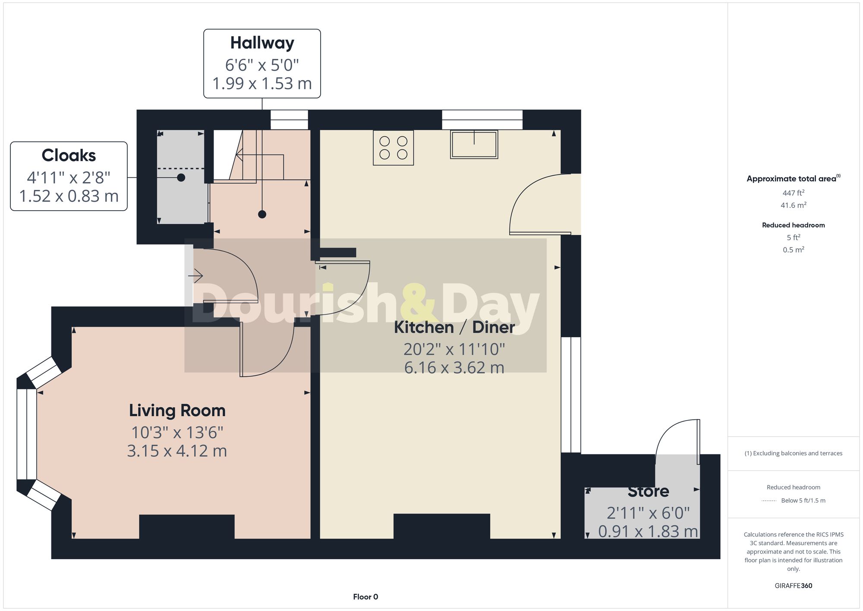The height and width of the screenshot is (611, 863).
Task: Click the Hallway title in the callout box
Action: [262, 43]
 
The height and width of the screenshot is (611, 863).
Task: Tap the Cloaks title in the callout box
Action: [69, 155]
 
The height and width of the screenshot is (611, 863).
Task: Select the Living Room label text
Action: [177, 410]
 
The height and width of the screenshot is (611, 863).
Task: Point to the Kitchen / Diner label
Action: [454, 327]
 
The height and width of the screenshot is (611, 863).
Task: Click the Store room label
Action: [648, 491]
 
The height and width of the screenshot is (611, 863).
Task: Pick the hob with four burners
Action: [393, 148]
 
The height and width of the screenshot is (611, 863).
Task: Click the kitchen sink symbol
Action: [474, 144]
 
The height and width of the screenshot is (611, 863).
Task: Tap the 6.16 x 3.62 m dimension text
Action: [454, 367]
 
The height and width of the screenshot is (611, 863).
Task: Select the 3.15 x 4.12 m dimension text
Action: [177, 451]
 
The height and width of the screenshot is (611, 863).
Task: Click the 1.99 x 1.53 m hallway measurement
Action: [262, 83]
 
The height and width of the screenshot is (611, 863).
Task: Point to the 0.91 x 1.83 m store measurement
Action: [648, 532]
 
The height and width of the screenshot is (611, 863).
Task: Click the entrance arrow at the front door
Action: [195, 275]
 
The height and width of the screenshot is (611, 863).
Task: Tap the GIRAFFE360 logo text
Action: [793, 586]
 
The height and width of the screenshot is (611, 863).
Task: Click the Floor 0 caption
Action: [365, 597]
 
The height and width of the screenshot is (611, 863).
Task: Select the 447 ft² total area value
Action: [793, 193]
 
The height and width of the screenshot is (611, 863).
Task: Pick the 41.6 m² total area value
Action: [793, 205]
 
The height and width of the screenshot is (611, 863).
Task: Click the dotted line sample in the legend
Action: [769, 500]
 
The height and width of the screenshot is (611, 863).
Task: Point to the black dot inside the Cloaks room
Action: [181, 177]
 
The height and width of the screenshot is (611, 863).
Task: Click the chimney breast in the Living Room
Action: [187, 527]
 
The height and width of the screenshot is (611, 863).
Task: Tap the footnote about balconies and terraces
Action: [793, 453]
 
